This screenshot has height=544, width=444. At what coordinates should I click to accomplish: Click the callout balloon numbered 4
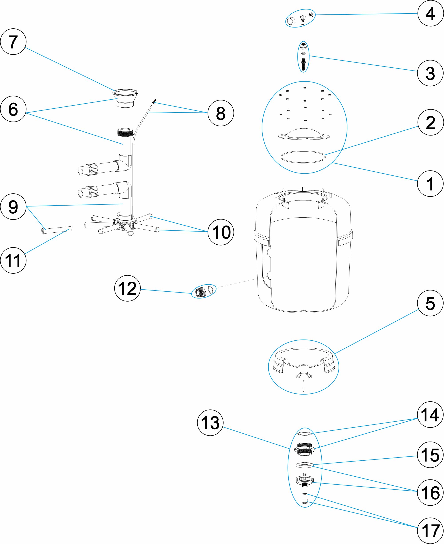(430, 13)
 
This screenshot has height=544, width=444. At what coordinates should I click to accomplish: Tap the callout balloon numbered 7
(13, 42)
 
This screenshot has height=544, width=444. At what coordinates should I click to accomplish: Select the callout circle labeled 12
(127, 288)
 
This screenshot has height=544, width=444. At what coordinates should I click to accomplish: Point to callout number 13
(210, 423)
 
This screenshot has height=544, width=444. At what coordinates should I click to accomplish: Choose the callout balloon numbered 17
(430, 531)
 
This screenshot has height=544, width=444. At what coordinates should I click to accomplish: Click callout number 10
(221, 232)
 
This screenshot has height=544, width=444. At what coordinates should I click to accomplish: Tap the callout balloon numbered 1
(430, 183)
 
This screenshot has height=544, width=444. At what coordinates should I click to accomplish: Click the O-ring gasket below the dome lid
(303, 157)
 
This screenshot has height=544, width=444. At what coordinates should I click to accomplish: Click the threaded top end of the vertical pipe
(125, 132)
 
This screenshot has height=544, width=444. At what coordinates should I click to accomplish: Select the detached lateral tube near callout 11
(57, 230)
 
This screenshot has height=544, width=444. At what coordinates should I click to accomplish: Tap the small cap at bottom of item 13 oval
(305, 501)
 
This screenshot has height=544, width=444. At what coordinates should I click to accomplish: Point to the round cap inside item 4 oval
(291, 20)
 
